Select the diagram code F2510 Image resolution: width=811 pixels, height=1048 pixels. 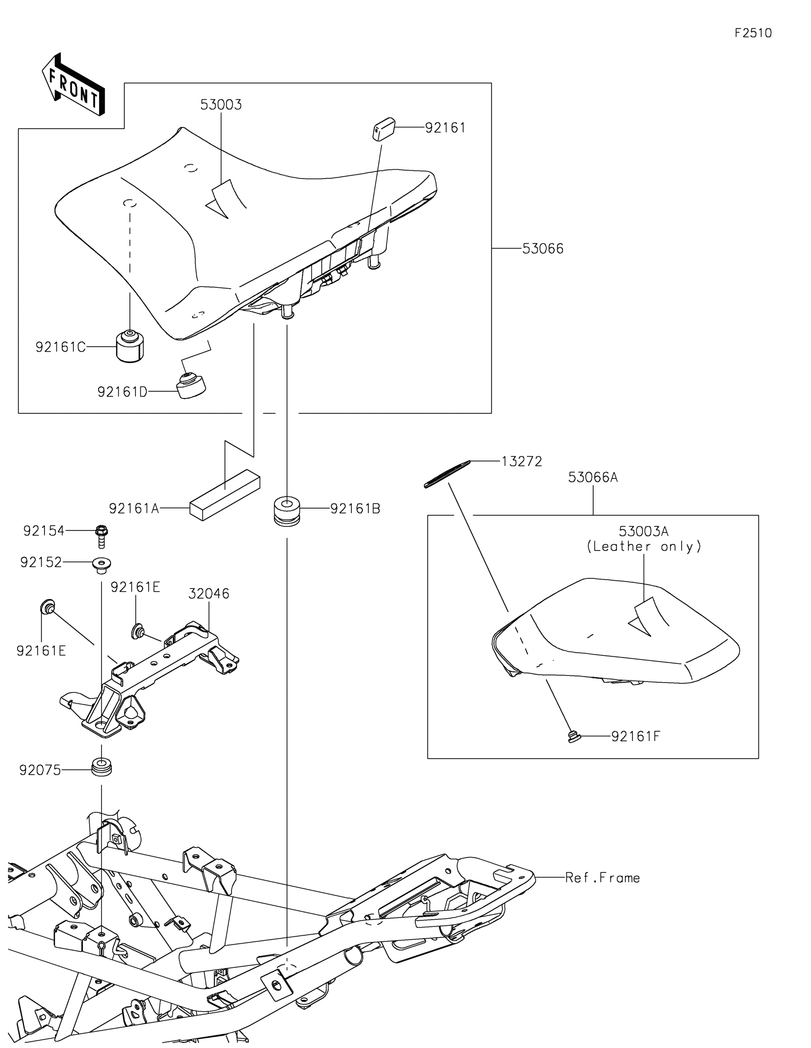pos(753,33)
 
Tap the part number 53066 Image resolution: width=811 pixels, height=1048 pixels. pos(543,248)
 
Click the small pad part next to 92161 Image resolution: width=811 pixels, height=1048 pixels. pos(384,129)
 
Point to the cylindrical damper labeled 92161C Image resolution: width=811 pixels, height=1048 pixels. pos(130,346)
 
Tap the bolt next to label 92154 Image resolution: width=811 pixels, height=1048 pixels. pos(101,536)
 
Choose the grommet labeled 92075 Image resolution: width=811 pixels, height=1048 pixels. pos(101,766)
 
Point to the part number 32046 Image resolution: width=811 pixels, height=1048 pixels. pos(209,594)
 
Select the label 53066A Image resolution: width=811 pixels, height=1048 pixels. pos(593,477)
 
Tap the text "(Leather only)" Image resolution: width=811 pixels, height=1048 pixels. pos(644,547)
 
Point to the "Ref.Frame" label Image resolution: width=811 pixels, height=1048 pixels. pos(602,878)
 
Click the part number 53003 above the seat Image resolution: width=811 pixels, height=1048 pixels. pos(221,105)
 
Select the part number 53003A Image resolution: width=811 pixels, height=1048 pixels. pos(644,532)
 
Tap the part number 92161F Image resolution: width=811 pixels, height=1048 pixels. pos(635,736)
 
